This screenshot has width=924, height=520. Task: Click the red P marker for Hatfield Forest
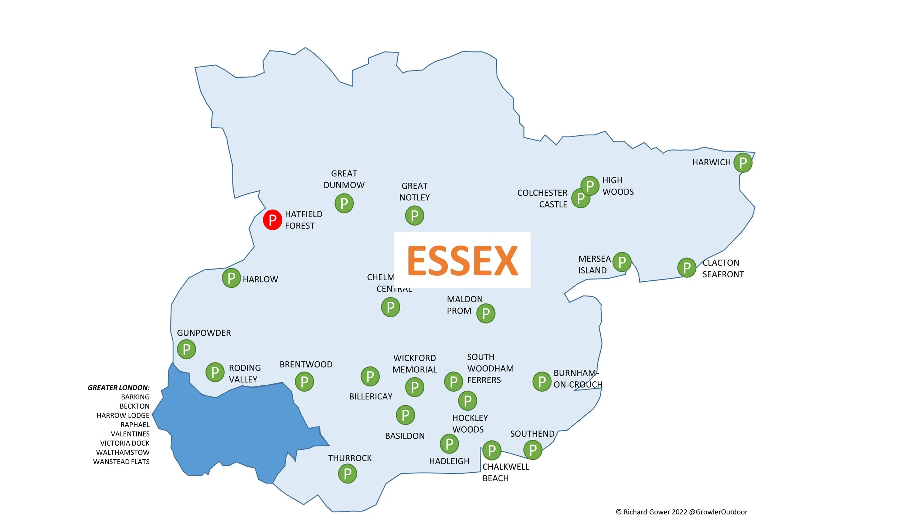(272, 220)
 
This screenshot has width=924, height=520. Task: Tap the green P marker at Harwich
(743, 162)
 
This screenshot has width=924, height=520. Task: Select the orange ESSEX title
(462, 261)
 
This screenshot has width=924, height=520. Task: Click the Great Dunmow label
(344, 179)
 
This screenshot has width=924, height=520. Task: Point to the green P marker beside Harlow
(231, 278)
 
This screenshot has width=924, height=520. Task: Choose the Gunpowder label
(204, 333)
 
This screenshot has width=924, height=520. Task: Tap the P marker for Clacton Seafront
(687, 267)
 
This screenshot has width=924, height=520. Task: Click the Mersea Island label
(594, 264)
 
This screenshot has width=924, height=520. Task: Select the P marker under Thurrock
(347, 473)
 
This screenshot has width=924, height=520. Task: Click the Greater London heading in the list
(118, 388)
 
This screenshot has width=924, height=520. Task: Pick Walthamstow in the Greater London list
(123, 452)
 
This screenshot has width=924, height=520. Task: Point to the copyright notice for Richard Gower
(681, 512)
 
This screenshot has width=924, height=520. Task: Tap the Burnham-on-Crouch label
(577, 379)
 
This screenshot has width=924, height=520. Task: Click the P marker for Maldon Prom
(486, 313)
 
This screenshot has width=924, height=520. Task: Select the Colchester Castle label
(542, 199)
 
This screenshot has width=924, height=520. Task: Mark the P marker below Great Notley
(414, 216)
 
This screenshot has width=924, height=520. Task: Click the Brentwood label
(306, 364)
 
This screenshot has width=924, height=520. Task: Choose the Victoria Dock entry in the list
(125, 443)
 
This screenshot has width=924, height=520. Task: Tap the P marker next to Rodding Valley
(215, 372)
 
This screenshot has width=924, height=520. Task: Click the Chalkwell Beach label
(506, 472)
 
